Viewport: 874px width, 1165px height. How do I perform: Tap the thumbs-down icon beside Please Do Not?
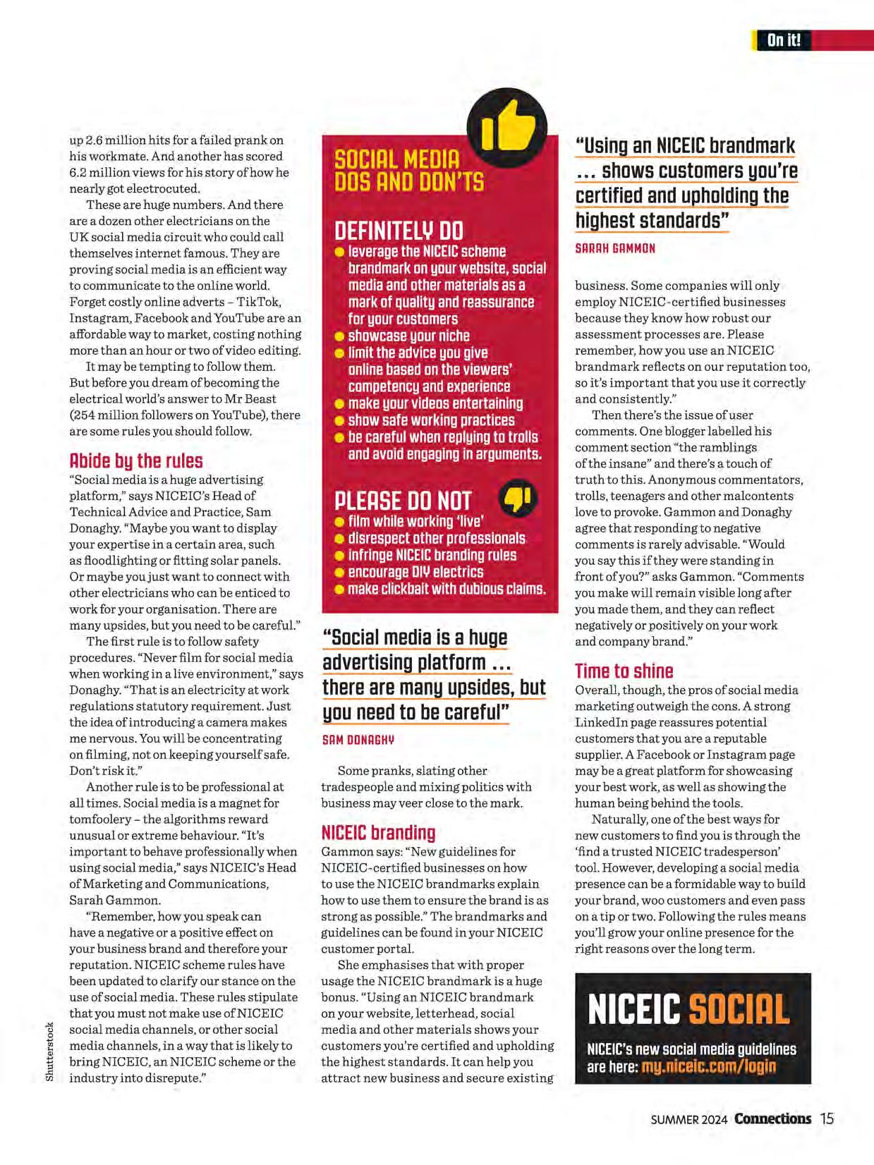tap(518, 499)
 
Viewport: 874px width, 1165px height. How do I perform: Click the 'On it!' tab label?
tap(783, 40)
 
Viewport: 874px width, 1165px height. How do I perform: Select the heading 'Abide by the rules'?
tap(136, 461)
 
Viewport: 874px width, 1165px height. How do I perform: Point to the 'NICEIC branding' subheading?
tap(378, 833)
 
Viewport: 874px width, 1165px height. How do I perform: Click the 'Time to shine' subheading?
tap(624, 671)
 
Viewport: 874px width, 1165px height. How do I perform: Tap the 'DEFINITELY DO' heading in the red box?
tap(399, 231)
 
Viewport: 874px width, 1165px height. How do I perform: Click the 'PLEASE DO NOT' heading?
tap(402, 501)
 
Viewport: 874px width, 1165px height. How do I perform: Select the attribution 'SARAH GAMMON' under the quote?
tap(615, 248)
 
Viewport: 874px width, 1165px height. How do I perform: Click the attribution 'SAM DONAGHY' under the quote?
tap(358, 740)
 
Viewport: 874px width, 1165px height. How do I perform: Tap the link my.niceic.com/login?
tap(708, 1067)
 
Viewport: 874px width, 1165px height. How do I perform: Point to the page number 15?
tap(827, 1119)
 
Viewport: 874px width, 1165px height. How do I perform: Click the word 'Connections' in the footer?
tap(772, 1119)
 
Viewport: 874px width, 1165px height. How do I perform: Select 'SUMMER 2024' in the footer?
tap(688, 1120)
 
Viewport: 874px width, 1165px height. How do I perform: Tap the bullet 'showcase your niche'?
tap(408, 336)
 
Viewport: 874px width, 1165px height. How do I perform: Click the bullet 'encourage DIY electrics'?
tap(415, 572)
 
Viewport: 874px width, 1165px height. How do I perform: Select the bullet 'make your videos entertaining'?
tap(435, 403)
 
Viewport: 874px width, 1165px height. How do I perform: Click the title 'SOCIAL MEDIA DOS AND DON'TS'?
tap(408, 171)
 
